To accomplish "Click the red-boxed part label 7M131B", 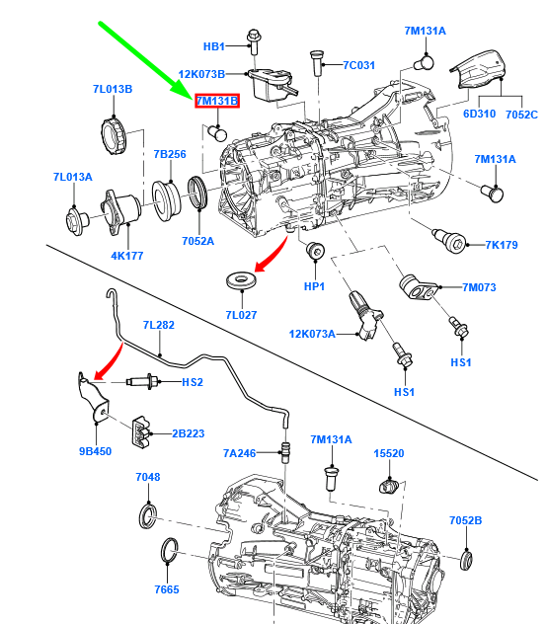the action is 217,101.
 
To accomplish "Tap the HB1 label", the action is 214,46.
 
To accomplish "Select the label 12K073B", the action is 201,74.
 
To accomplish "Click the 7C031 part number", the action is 359,65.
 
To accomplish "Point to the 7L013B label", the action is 113,89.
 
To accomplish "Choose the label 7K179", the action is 502,245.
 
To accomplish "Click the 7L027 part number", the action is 241,315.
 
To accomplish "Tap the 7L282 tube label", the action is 159,325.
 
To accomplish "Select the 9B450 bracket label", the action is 95,451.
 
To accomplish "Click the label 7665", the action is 167,589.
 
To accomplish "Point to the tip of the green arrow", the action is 193,99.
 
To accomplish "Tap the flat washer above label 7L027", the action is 241,280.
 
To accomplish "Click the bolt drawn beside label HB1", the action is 253,42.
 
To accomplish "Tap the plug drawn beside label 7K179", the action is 449,240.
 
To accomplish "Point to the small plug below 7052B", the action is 466,560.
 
